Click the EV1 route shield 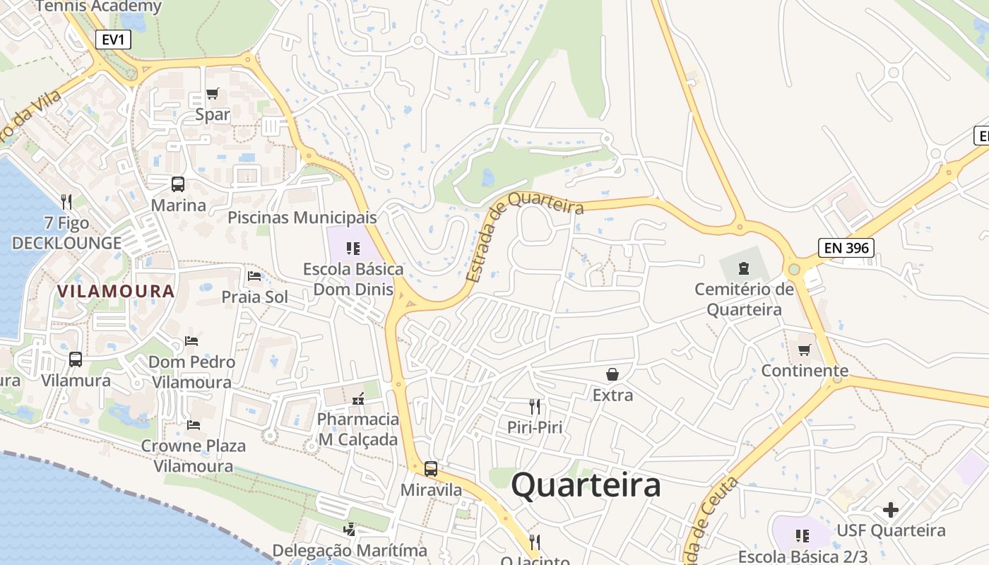[113, 40]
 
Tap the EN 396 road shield [846, 248]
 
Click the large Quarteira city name [586, 485]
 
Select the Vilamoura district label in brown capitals [116, 291]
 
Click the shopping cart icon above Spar [212, 93]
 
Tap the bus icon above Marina [178, 184]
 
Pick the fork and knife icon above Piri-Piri [535, 406]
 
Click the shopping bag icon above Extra [612, 374]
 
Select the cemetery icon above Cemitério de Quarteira [743, 268]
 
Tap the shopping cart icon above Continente [805, 350]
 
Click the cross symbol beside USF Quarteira [891, 509]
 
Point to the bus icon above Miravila [430, 468]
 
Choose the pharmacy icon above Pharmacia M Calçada [357, 399]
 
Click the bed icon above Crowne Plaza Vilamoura [193, 424]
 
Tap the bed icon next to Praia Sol [254, 275]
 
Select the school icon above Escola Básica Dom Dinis [353, 248]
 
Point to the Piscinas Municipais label [302, 217]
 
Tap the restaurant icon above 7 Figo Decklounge [66, 202]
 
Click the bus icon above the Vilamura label [76, 359]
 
